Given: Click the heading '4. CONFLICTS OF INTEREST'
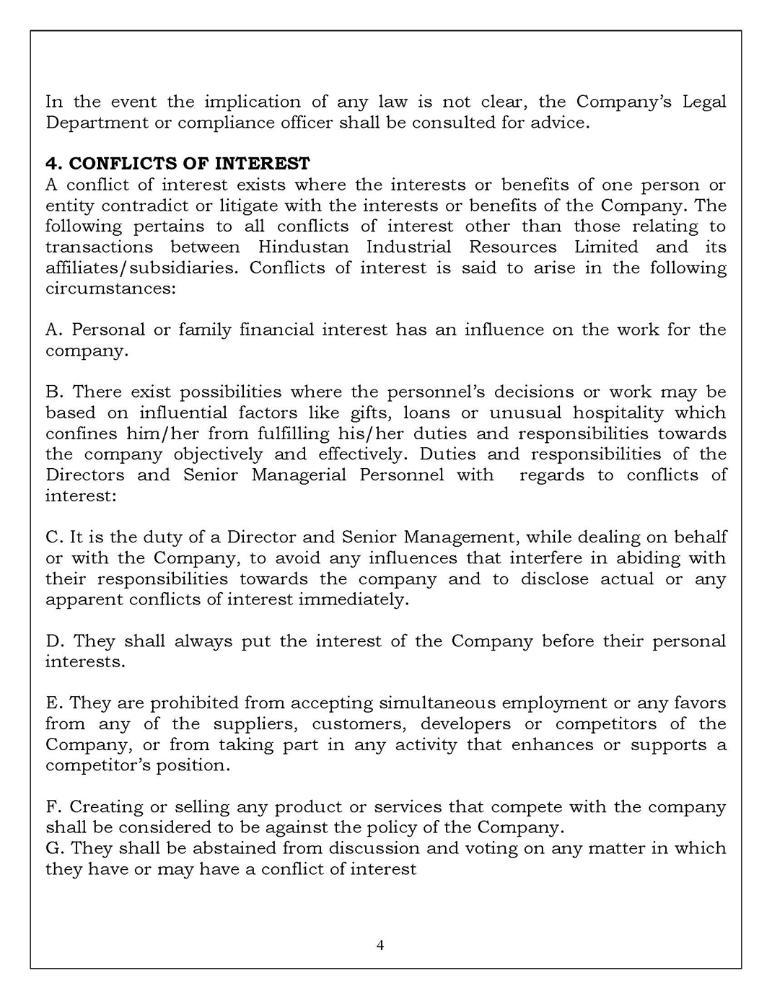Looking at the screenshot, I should tap(177, 164).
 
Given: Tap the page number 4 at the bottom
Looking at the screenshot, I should tap(380, 946).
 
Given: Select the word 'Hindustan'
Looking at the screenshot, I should tap(303, 247).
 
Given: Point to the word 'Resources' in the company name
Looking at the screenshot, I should tap(512, 247).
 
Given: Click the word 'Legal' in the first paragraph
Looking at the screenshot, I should tap(703, 102).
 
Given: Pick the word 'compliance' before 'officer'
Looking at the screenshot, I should tap(225, 123).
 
